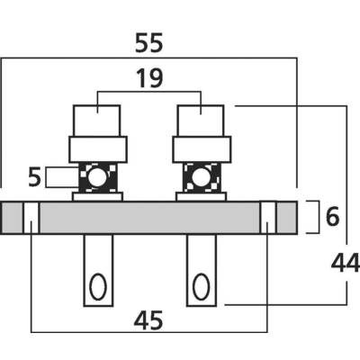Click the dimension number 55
[149, 43]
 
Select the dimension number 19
[149, 78]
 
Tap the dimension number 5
[34, 177]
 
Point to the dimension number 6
[332, 217]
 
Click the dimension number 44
[345, 263]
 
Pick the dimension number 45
[148, 320]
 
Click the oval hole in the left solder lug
[98, 286]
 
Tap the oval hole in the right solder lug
[201, 286]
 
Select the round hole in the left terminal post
[97, 177]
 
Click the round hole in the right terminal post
[201, 177]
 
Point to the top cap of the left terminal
[97, 121]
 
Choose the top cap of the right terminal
[201, 121]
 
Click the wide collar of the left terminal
[98, 149]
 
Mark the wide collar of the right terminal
[202, 149]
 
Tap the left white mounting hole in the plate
[31, 218]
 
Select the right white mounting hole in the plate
[267, 218]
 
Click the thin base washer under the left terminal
[97, 197]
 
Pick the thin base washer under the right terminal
[201, 197]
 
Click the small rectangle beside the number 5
[62, 177]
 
